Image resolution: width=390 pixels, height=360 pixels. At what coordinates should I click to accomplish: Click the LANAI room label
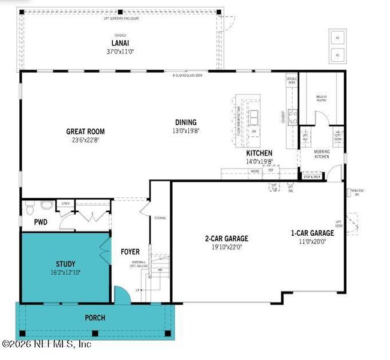[117, 43]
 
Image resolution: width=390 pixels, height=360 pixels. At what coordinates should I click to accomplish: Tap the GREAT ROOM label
[85, 131]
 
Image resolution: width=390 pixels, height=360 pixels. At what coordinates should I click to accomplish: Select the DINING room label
[186, 122]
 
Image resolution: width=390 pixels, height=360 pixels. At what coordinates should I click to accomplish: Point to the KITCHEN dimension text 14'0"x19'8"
[260, 161]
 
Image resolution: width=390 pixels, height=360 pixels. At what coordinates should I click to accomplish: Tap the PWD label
[40, 223]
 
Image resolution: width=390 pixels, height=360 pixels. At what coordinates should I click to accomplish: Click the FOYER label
[130, 251]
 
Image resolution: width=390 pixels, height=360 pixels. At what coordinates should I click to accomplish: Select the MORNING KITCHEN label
[322, 154]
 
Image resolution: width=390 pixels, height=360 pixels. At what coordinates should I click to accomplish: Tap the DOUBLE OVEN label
[292, 80]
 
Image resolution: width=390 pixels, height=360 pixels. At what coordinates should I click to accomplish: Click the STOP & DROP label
[312, 177]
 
